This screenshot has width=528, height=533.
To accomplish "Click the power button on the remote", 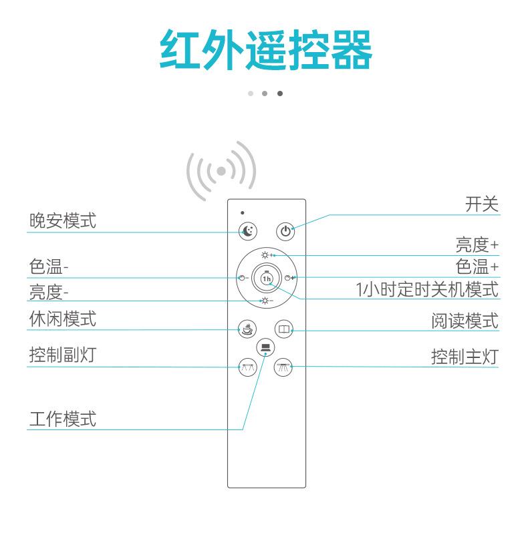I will tap(285, 232).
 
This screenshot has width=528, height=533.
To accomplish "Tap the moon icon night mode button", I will tap(248, 231).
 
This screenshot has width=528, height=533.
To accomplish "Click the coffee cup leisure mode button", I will tap(248, 329).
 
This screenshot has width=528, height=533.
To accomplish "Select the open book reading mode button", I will tap(285, 329).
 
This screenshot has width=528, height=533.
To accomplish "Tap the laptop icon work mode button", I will tap(266, 347).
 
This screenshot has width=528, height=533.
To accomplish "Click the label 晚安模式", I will tap(63, 221).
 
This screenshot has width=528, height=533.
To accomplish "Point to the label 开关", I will tap(482, 204).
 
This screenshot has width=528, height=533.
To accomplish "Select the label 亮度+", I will tap(477, 244).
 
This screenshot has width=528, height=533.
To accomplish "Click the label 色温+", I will tap(477, 267).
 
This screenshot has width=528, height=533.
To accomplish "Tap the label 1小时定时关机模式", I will tap(427, 290).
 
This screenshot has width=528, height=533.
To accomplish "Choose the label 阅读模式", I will tap(465, 321).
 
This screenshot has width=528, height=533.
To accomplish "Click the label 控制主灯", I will tap(465, 357).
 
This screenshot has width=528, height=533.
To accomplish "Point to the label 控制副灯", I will tap(63, 355).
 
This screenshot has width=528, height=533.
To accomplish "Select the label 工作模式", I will tap(63, 419).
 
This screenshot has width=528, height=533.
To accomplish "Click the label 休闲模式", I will tap(63, 319).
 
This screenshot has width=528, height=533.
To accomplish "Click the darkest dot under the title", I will tap(279, 94).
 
